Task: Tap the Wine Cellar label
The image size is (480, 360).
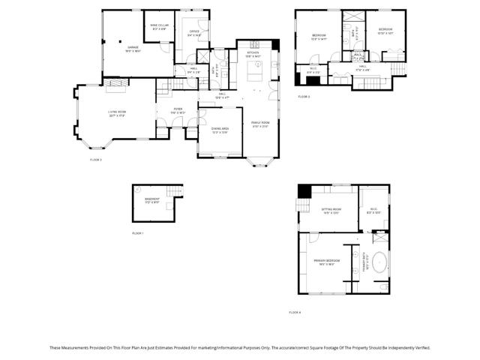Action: [158, 27]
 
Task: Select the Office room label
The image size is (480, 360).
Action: [193, 32]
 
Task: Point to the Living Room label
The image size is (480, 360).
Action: [116, 114]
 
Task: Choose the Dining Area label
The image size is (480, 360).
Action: [219, 131]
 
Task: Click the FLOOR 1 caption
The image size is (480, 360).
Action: [137, 233]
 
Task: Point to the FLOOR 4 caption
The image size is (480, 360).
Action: [294, 312]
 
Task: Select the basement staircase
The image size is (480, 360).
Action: [174, 192]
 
